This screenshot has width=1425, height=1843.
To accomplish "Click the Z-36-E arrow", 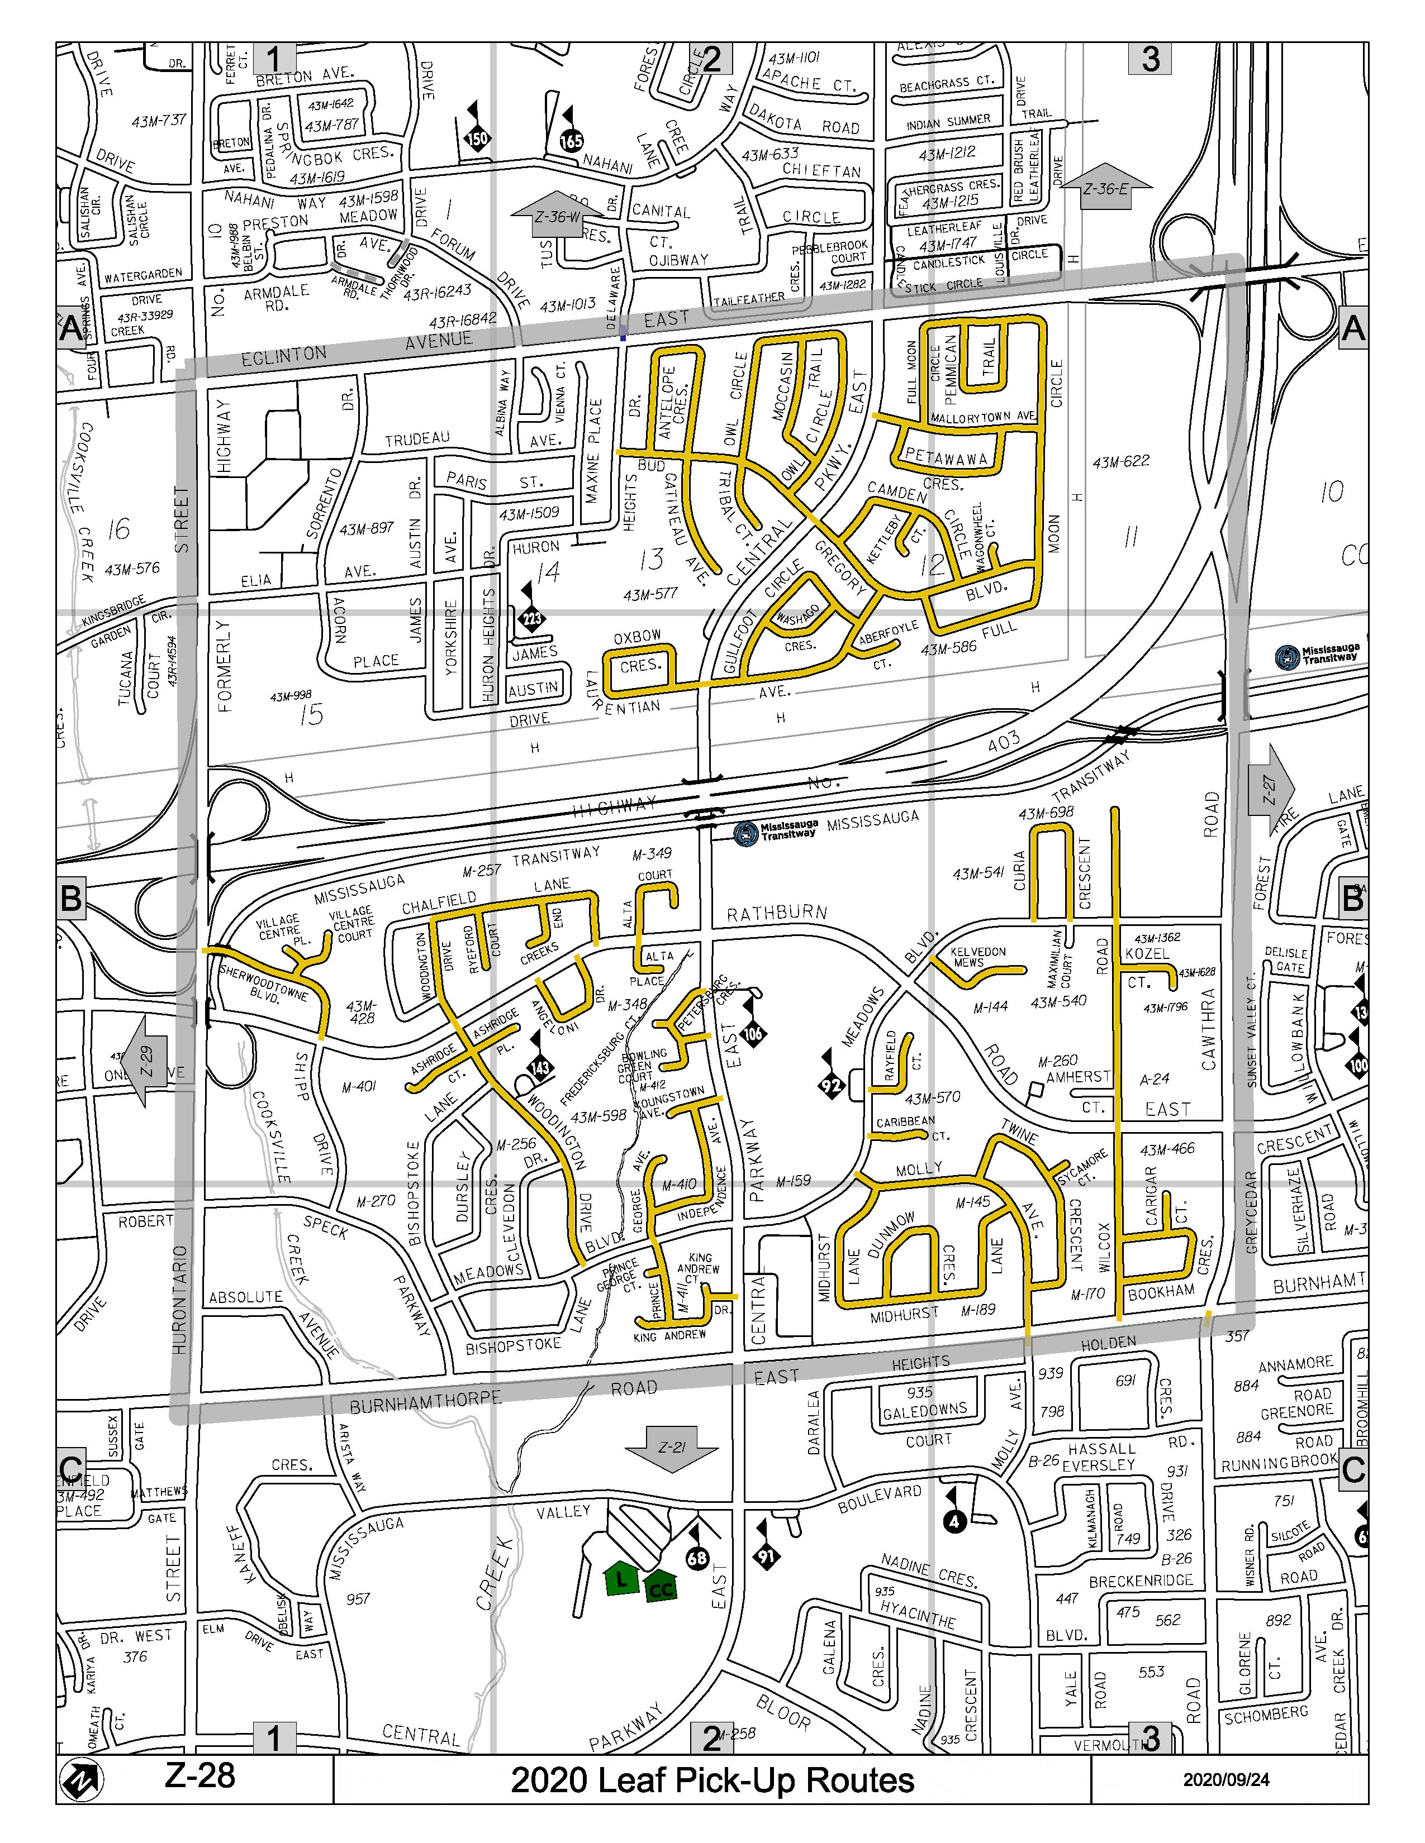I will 1105,187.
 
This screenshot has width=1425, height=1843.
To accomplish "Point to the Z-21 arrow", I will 672,1448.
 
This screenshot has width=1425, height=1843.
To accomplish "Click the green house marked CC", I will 661,1587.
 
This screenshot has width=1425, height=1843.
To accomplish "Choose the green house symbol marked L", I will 622,1579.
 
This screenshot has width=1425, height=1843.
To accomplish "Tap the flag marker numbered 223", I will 532,619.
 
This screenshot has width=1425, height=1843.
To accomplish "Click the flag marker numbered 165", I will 572,141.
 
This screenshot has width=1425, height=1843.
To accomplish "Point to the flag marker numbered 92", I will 832,1085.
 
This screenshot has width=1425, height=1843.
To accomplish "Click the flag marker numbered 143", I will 539,1067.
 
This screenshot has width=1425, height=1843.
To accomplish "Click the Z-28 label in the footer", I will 200,1775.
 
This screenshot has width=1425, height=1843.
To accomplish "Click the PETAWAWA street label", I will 946,457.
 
